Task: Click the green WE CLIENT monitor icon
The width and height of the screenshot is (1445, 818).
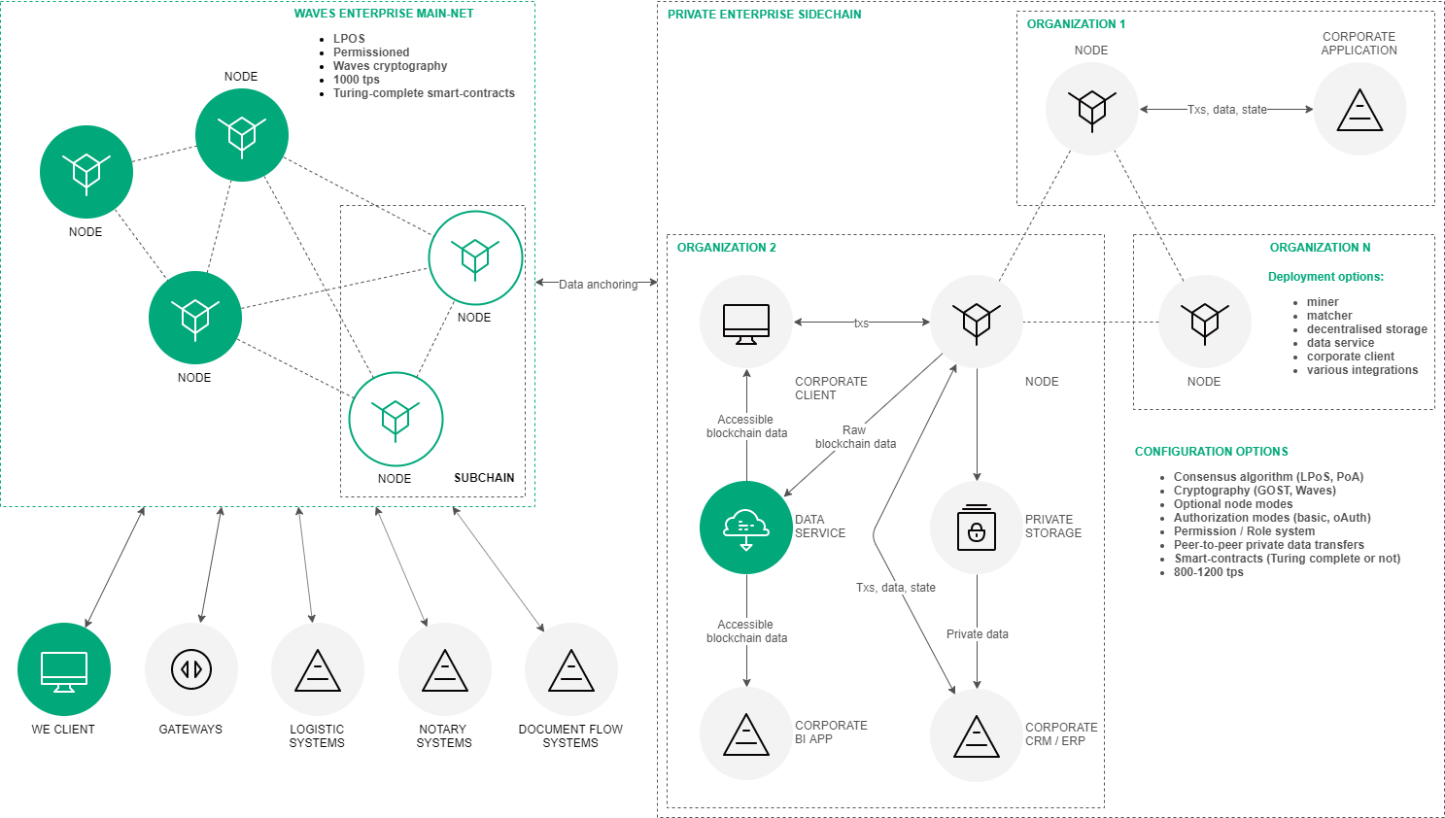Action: coord(64,669)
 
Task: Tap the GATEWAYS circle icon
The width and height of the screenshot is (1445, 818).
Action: coord(191,669)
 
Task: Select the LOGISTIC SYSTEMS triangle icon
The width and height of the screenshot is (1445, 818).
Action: coord(318,669)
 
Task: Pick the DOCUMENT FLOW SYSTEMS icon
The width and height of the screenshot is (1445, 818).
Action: coord(571,669)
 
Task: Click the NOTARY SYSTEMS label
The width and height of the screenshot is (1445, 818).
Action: coord(444,736)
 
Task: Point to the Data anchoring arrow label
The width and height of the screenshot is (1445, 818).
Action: coord(598,285)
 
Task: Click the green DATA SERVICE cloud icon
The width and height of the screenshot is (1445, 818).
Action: coord(746,528)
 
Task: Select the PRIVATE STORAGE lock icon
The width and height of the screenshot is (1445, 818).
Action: coord(977,528)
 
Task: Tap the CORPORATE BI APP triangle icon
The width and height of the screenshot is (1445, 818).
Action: coord(746,734)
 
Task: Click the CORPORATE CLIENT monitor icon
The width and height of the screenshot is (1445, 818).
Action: coord(746,322)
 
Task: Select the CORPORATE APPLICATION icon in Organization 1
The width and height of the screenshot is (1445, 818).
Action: coord(1359,109)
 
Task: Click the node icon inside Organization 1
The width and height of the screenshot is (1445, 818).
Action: coord(1091,109)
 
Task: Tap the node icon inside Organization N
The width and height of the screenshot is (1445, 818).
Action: coord(1205,322)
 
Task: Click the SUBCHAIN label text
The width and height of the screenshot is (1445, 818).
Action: coord(484,478)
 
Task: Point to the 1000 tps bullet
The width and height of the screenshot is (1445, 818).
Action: coord(357,80)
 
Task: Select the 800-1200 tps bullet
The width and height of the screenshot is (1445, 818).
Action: coord(1208,572)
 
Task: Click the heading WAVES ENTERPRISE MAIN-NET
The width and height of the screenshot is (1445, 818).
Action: coord(384,14)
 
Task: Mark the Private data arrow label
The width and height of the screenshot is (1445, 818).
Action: coord(977,634)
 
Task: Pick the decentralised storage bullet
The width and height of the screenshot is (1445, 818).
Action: coord(1366,329)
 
